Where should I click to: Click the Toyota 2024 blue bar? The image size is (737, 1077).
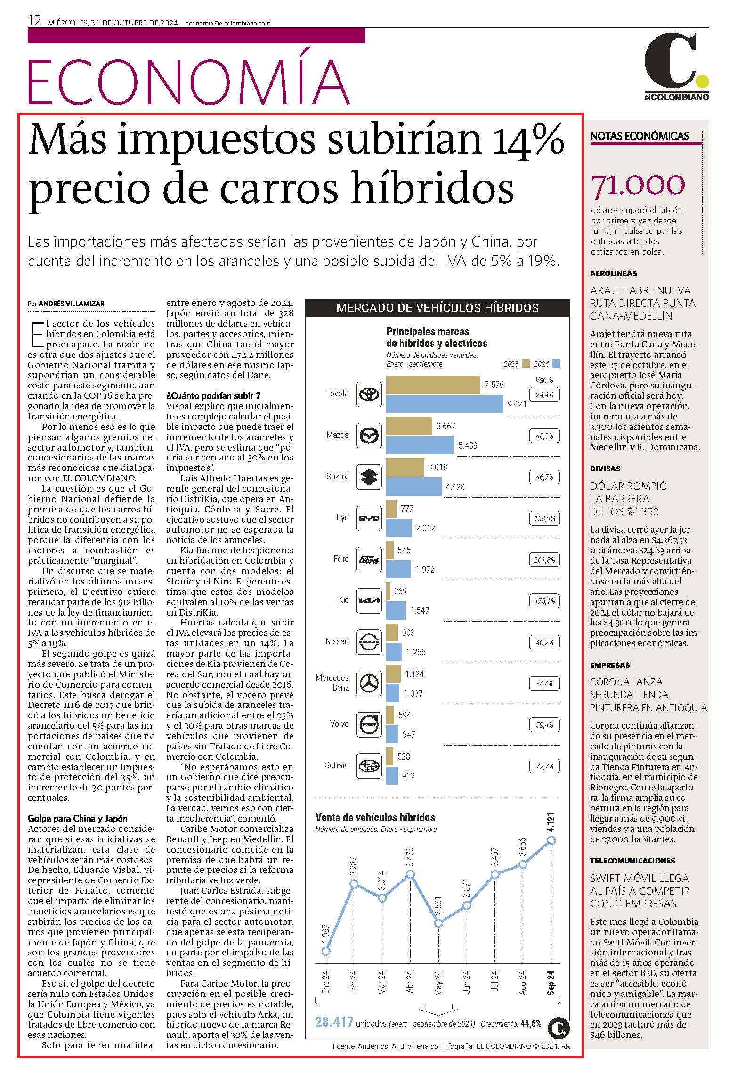point(445,404)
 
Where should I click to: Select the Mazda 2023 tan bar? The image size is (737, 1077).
point(409,426)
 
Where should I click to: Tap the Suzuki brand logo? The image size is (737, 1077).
point(369,476)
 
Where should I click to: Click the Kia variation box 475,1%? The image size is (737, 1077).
point(545,601)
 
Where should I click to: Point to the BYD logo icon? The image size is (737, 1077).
point(369,518)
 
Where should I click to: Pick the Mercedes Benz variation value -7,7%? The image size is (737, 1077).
point(545,683)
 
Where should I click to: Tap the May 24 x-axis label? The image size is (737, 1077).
point(438,983)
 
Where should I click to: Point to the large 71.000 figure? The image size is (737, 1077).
point(638,185)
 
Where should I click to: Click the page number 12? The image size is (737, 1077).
point(35,21)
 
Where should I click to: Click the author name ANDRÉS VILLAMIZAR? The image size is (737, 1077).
point(72,304)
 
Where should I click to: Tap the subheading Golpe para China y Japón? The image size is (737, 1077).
point(78,819)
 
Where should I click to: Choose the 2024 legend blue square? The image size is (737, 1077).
point(556,363)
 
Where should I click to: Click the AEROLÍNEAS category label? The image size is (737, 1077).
point(613,273)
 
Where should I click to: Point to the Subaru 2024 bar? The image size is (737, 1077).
point(392,776)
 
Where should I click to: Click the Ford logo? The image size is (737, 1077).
point(369,559)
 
